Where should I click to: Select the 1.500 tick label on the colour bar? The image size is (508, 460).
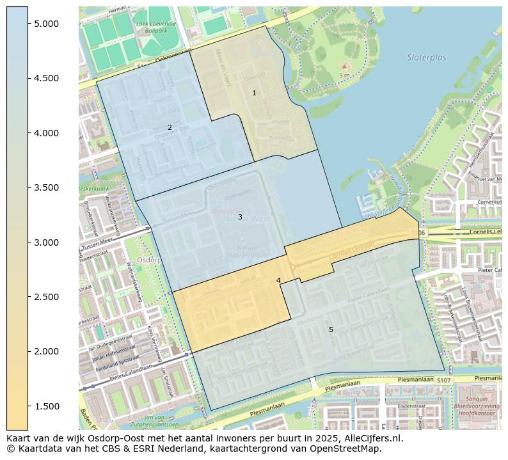[x=46, y=406]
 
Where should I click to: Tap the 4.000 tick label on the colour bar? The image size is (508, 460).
[x=46, y=133]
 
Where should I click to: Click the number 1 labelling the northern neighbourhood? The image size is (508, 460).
[x=254, y=93]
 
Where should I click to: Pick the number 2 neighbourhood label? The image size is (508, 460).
[x=170, y=128]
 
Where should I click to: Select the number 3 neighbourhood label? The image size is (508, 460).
[x=240, y=218]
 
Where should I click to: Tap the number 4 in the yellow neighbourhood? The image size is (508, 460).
[x=278, y=281]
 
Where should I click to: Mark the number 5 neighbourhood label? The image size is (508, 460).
[x=331, y=330]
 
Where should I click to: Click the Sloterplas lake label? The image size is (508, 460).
[x=427, y=58]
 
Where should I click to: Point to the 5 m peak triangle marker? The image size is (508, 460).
[x=344, y=66]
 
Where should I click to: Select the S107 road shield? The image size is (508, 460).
[x=444, y=381]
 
